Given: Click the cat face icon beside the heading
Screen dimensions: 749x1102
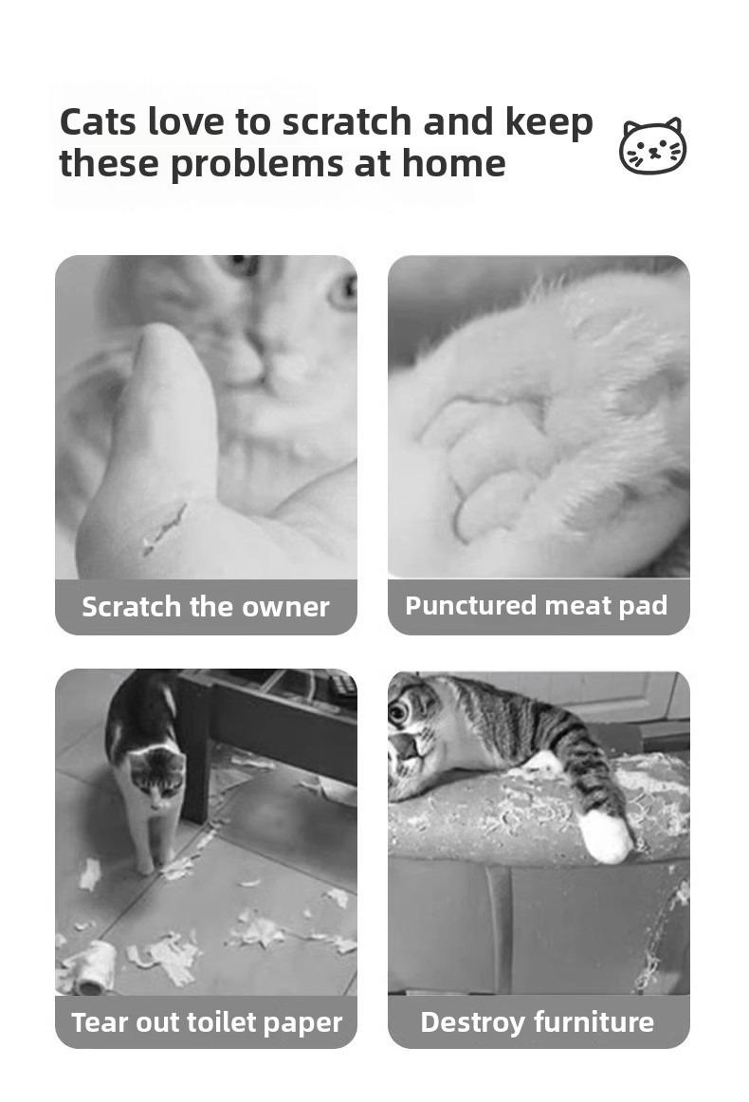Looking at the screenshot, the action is point(652,146).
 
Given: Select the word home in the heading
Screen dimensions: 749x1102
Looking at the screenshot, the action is point(453,163).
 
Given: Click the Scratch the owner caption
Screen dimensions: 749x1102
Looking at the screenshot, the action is point(205,607).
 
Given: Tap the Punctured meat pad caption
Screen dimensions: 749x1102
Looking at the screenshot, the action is point(536,606).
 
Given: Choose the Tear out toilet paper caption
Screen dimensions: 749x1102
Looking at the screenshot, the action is point(207,1022).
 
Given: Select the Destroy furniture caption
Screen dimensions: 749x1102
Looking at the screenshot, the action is point(537,1021).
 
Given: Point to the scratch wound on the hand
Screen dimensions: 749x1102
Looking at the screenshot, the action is point(165,528).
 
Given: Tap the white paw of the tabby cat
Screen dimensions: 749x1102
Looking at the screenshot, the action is point(606,835).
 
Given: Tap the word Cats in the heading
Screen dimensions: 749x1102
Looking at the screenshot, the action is point(98,121).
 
